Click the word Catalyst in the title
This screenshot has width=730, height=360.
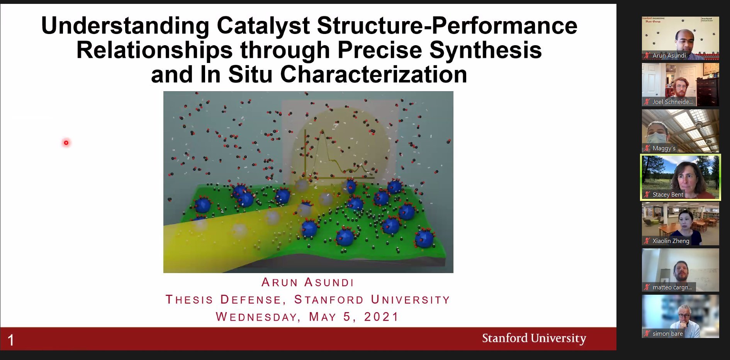[263, 26]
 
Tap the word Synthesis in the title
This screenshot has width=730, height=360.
[486, 50]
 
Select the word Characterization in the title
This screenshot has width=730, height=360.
[373, 74]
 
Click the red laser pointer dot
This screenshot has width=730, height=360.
[66, 143]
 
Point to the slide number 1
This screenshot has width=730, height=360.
[11, 340]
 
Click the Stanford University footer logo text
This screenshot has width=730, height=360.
[534, 338]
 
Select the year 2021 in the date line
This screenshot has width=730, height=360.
[381, 317]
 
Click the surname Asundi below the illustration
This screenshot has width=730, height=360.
[329, 282]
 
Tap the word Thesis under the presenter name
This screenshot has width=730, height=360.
[189, 299]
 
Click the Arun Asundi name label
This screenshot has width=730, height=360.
[669, 56]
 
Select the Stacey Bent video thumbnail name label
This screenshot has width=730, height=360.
[668, 195]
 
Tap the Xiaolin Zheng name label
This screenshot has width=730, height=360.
[671, 241]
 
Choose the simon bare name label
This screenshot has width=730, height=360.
[667, 334]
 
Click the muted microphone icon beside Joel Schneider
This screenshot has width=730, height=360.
[647, 102]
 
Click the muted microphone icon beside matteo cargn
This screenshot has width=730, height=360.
[647, 287]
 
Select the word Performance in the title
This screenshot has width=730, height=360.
[504, 26]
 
